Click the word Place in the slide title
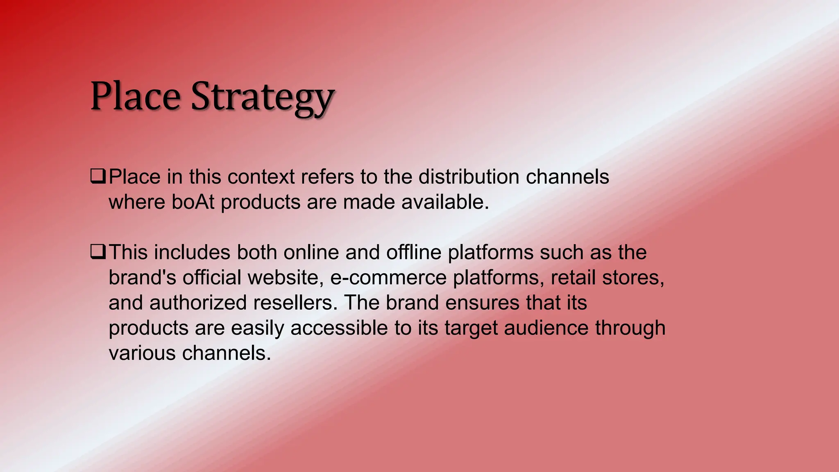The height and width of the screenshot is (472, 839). (135, 97)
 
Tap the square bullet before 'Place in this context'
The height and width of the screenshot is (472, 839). (98, 177)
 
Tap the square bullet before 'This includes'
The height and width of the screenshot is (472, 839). (98, 252)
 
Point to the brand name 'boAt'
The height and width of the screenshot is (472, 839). (193, 202)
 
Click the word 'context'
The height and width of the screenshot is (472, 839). (261, 177)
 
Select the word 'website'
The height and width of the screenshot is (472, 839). (283, 277)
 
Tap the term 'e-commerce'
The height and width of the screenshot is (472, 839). (388, 277)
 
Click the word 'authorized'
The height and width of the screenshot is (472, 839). (198, 303)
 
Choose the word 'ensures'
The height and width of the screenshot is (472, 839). (483, 303)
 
